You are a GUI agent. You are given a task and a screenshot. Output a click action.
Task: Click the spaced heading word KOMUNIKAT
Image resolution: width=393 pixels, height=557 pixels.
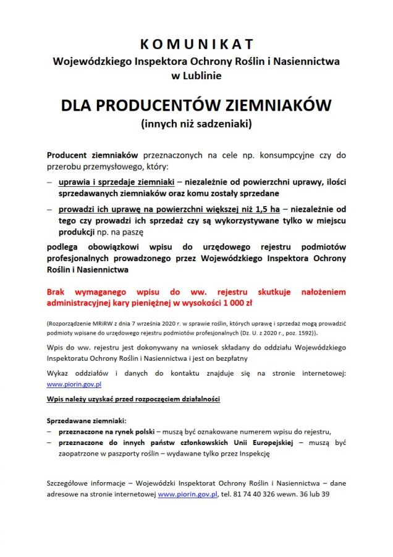coord(196,44)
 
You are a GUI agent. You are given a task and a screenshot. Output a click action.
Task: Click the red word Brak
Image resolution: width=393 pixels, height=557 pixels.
coord(59,291)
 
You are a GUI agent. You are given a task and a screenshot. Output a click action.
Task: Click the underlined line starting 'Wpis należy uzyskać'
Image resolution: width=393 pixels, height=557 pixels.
coord(133,399)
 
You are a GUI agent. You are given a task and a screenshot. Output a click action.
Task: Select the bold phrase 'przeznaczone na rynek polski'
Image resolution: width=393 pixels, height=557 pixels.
coord(106,431)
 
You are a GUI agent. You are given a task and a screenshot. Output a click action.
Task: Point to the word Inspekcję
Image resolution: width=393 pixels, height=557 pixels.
coord(251,454)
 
